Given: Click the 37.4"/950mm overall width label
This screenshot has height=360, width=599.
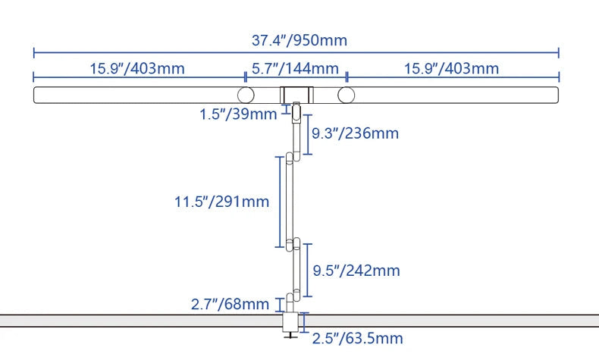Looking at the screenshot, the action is pos(299,40).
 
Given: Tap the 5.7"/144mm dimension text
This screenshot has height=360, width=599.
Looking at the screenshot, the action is pos(295,69).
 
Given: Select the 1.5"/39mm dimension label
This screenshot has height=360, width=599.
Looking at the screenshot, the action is pos(238,114).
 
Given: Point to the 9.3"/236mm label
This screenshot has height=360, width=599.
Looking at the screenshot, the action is pos(356,133).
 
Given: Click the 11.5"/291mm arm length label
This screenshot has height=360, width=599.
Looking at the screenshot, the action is pos(221,202).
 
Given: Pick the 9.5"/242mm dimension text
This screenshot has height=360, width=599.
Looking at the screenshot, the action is pos(356,271).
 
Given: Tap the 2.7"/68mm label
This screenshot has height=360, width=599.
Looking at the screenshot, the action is pos(230,304).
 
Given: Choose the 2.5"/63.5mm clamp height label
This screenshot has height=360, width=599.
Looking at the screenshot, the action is pos(358,339).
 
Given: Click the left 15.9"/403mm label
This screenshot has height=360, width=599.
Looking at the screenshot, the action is pos(137,69).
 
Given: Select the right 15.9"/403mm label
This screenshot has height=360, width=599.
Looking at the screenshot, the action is pos(452,69).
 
